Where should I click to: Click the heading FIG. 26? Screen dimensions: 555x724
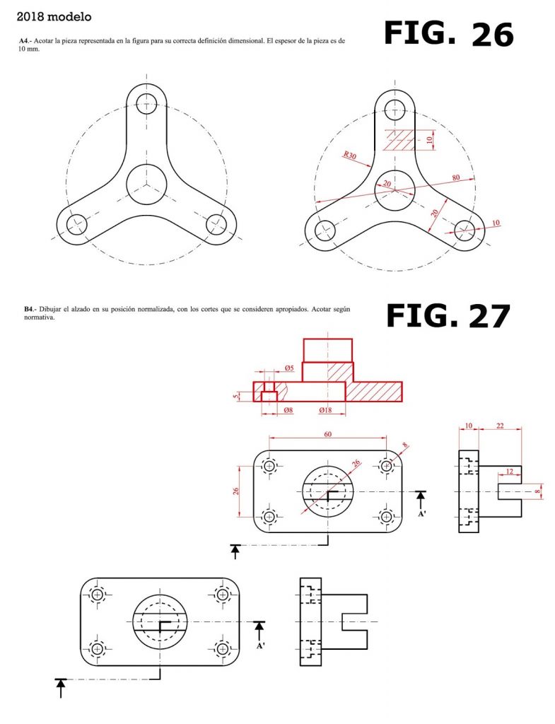[x=448, y=33]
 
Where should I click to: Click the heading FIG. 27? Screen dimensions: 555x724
[x=448, y=316]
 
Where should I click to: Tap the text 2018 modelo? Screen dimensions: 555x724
[x=54, y=17]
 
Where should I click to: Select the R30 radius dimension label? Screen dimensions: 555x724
[x=349, y=155]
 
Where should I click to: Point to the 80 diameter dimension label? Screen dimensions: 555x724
[x=456, y=177]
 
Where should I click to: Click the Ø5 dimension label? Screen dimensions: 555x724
[x=289, y=368]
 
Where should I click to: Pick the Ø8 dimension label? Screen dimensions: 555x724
[x=288, y=409]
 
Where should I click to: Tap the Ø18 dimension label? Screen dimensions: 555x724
[x=325, y=409]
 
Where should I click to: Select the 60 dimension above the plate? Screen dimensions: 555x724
[x=327, y=434]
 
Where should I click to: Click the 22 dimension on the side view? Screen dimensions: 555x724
[x=500, y=426]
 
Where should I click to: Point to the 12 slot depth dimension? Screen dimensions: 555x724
[x=509, y=472]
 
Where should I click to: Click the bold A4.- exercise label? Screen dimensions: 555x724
[x=25, y=40]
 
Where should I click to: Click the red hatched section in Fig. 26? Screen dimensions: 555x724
[x=400, y=140]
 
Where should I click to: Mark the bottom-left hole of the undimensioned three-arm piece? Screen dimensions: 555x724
[x=76, y=225]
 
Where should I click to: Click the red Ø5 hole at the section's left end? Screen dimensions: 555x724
[x=268, y=387]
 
